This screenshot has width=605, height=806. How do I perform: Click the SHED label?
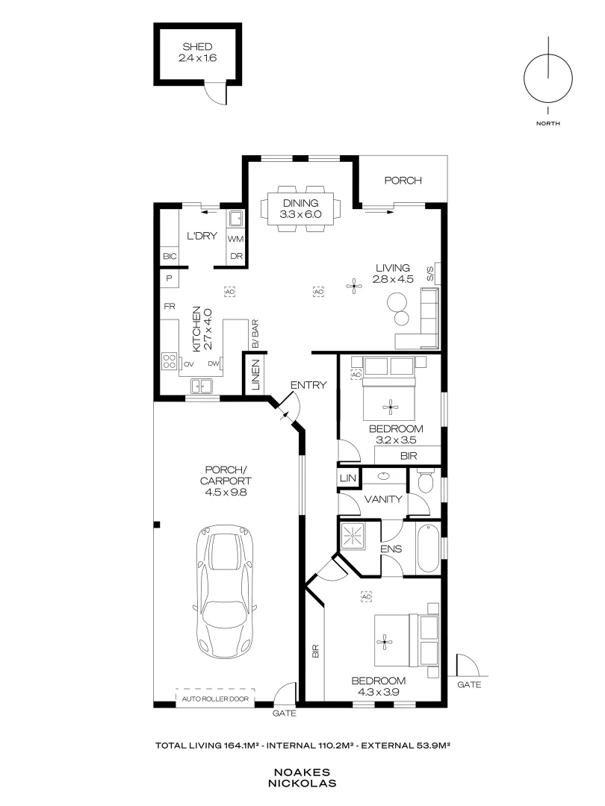click(197, 47)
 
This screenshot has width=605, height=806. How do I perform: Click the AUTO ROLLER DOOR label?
click(215, 699)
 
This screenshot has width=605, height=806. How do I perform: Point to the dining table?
click(301, 209)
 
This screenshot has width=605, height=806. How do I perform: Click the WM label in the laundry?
click(235, 239)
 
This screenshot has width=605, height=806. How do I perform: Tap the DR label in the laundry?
click(236, 256)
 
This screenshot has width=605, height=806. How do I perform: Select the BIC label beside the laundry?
click(170, 256)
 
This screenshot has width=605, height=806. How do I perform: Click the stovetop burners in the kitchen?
click(170, 361)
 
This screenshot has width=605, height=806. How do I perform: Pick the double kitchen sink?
click(201, 386)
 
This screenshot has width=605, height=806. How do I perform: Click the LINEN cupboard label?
click(255, 374)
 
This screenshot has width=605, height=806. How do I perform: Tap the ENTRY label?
click(308, 385)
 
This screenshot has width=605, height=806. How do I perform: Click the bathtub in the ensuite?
click(428, 549)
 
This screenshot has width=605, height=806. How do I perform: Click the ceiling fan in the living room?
click(353, 287)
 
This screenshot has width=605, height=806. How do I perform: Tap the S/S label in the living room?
click(431, 273)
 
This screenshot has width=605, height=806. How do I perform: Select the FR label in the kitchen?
click(170, 307)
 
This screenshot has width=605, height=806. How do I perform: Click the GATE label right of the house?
click(469, 684)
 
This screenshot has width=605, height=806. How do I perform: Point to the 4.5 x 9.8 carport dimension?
click(226, 492)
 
